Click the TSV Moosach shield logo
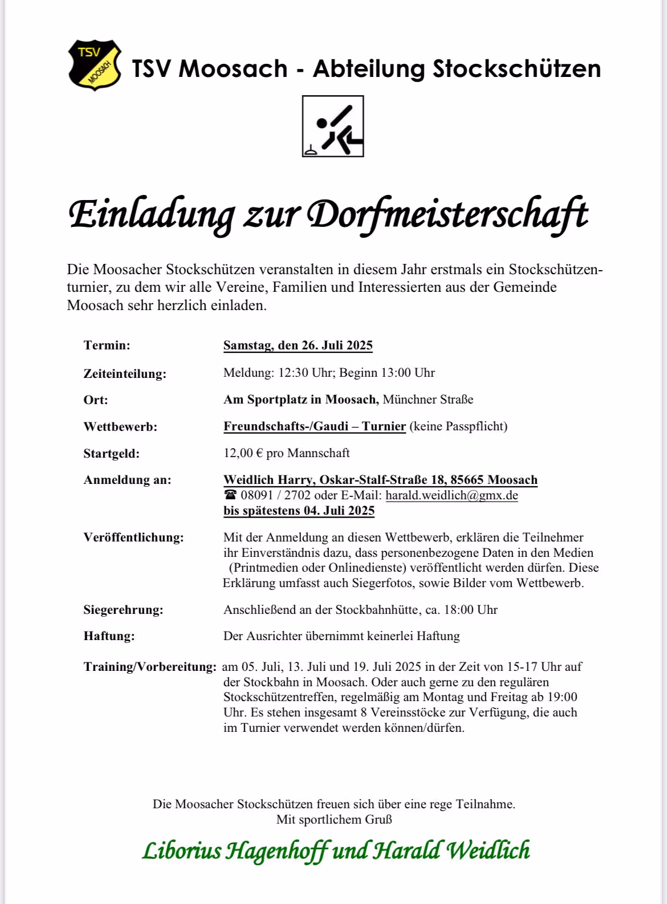(95, 65)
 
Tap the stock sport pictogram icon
(333, 126)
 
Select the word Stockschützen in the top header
(516, 69)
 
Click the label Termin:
(107, 345)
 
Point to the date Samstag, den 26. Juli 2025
(298, 345)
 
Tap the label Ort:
(95, 400)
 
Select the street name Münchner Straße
(428, 400)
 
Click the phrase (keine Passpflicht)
(458, 426)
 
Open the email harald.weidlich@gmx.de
(452, 495)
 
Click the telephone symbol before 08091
(230, 495)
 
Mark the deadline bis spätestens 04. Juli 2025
(299, 511)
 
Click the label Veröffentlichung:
(133, 537)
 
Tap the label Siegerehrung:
(123, 610)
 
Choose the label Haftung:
(109, 636)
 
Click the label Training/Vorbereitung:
(150, 667)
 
